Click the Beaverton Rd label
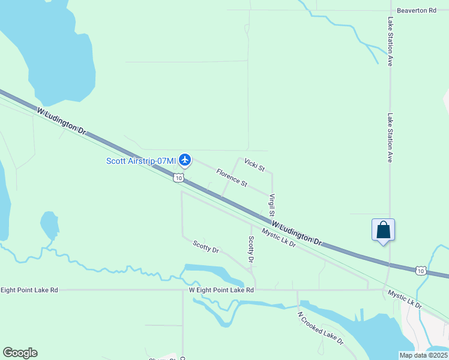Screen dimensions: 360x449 [416, 11]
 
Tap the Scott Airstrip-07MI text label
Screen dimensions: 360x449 [141, 160]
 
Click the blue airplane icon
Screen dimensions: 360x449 [184, 160]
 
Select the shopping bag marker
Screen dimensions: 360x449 [383, 230]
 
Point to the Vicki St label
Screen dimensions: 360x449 [255, 165]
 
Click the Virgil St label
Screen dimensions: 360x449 [272, 205]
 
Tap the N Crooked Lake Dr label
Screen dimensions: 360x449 [320, 328]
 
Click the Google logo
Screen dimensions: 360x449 [20, 353]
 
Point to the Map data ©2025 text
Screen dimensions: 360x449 [423, 355]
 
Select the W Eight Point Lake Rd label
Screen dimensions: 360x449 [221, 290]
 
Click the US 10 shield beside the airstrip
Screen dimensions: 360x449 [178, 178]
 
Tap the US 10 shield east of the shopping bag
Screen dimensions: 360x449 [421, 271]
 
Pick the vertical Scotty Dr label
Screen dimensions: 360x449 [251, 249]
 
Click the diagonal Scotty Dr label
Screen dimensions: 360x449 [206, 246]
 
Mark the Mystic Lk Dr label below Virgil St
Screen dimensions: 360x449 [278, 239]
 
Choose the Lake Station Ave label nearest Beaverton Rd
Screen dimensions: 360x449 [390, 41]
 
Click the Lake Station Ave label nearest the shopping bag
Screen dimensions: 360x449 [390, 139]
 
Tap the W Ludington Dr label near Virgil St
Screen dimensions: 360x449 [297, 233]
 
